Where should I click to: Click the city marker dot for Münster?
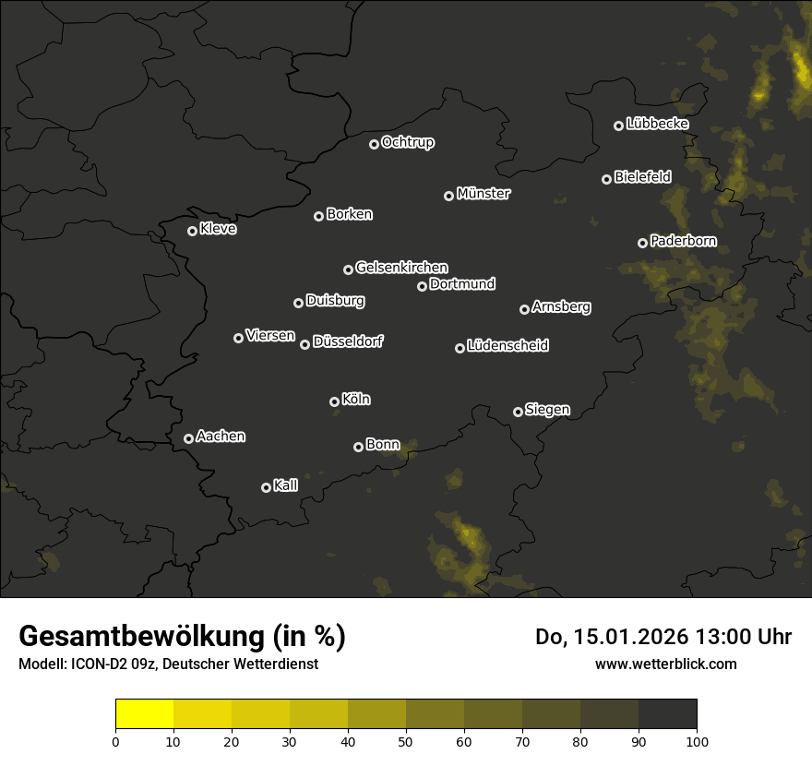pyautogui.click(x=448, y=196)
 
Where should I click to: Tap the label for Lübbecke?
pyautogui.click(x=657, y=124)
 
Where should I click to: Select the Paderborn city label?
pyautogui.click(x=683, y=241)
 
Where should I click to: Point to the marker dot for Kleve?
pyautogui.click(x=192, y=231)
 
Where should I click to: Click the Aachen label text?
pyautogui.click(x=221, y=437)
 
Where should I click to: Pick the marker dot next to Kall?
pyautogui.click(x=266, y=487)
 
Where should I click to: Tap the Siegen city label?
pyautogui.click(x=547, y=410)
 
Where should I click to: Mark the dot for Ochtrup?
pyautogui.click(x=374, y=144)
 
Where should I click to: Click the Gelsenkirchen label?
pyautogui.click(x=401, y=268)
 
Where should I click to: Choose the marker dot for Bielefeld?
pyautogui.click(x=606, y=179)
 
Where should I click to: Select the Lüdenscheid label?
pyautogui.click(x=507, y=346)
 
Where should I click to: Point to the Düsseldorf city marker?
pyautogui.click(x=304, y=344)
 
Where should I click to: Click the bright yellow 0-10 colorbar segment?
pyautogui.click(x=144, y=714)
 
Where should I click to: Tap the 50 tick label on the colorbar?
pyautogui.click(x=406, y=741)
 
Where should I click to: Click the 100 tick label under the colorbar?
pyautogui.click(x=697, y=741)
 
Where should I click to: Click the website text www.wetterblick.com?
pyautogui.click(x=665, y=664)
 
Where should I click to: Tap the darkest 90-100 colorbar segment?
pyautogui.click(x=667, y=714)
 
